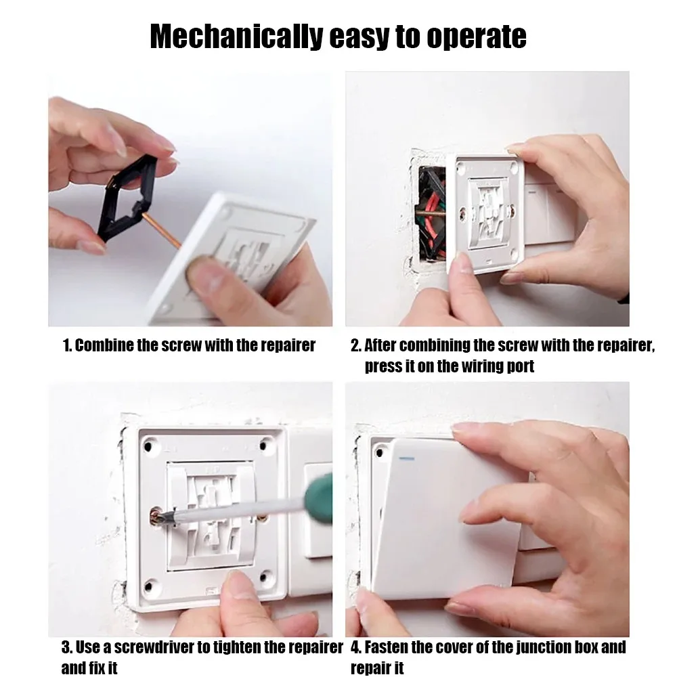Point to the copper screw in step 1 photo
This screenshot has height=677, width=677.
[163, 230]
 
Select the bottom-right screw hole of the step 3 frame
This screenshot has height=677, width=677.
[268, 580]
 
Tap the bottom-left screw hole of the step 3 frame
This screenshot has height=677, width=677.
[152, 581]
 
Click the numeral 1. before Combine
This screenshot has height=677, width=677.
[67, 346]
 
